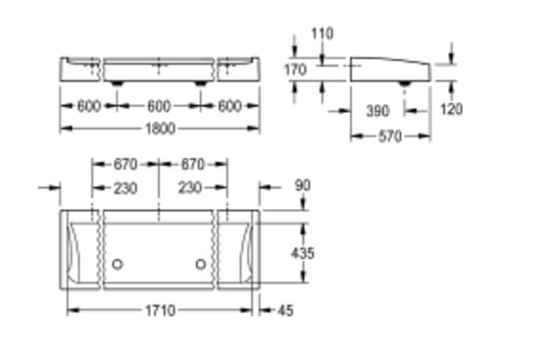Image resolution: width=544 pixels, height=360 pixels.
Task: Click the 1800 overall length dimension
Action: click(160, 129)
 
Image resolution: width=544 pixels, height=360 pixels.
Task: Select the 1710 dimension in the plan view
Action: click(160, 311)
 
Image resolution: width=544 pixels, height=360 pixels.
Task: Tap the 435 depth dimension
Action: click(303, 253)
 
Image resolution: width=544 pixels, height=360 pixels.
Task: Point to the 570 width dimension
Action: click(390, 136)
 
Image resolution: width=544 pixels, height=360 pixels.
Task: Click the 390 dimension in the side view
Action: click(377, 111)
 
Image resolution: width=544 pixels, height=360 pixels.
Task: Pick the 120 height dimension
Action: click(451, 109)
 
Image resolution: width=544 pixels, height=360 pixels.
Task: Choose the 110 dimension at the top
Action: click(322, 33)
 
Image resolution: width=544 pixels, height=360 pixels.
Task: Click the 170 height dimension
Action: click(295, 70)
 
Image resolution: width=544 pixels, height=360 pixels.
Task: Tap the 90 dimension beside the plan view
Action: click(303, 185)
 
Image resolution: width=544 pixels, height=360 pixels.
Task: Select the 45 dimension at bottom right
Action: click(285, 311)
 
